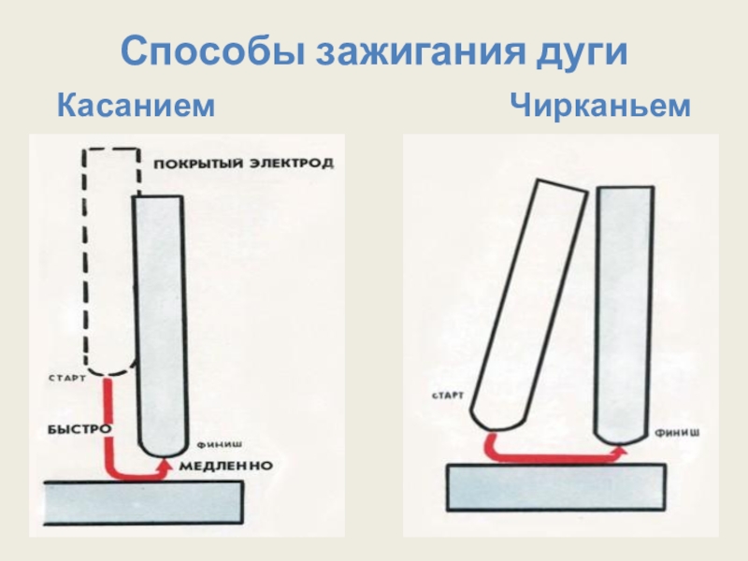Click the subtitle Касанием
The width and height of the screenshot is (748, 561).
(137, 106)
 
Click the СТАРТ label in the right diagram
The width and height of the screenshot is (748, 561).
(448, 396)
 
